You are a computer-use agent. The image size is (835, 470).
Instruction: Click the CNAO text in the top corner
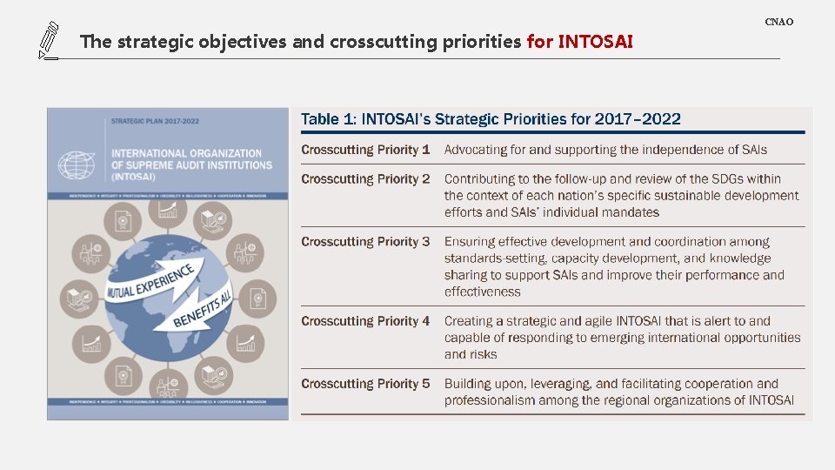tap(778, 22)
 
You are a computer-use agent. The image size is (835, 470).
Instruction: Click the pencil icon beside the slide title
tap(48, 41)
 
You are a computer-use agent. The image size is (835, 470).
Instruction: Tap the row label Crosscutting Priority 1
tap(365, 150)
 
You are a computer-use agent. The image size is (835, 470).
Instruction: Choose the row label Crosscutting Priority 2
tap(365, 179)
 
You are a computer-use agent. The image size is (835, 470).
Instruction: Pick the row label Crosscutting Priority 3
tap(365, 242)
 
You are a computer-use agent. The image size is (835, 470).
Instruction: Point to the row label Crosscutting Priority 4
tap(365, 321)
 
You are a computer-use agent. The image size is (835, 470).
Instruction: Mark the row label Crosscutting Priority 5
tap(365, 384)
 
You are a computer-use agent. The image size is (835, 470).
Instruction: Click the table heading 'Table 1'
tap(328, 119)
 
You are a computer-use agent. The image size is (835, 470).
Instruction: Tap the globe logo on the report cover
tap(77, 165)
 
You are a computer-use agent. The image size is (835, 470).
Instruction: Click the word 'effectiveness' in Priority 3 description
tap(482, 292)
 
